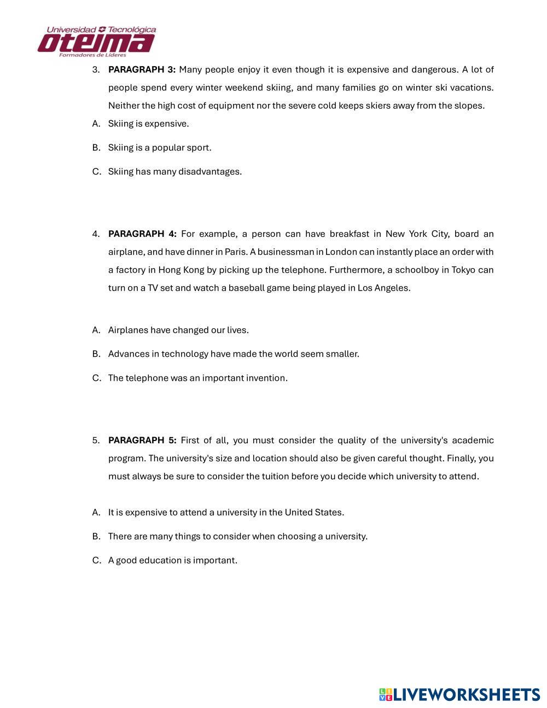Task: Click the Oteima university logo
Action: [97, 42]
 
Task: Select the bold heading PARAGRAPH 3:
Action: [142, 69]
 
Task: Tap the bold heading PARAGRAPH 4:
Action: [142, 234]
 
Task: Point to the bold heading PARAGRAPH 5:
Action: [142, 440]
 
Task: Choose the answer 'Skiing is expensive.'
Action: [148, 124]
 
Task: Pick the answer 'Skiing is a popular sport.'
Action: [159, 148]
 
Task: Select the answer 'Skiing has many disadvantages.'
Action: [174, 172]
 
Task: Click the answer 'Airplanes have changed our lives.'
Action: [178, 330]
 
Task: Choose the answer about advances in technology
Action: [233, 354]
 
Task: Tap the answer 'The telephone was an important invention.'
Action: [197, 378]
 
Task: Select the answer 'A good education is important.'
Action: [172, 560]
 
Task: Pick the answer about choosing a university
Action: [237, 536]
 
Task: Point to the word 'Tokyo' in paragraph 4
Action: [463, 270]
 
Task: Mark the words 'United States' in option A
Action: [313, 512]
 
